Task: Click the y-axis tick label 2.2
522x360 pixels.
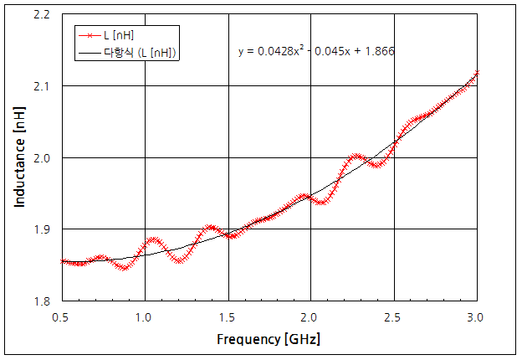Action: pos(44,14)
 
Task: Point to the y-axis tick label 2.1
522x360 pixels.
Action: pos(44,86)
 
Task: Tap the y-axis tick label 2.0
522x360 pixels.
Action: pos(44,157)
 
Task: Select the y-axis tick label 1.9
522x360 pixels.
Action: pos(44,229)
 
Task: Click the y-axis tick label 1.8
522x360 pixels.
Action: pos(44,301)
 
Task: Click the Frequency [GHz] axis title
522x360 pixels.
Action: pos(269,340)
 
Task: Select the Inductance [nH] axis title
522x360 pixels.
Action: pos(19,157)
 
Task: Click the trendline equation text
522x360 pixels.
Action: pos(316,51)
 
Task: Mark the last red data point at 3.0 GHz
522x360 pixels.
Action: pos(478,73)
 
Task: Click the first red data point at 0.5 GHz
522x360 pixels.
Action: pos(62,261)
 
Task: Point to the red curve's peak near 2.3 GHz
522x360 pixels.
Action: pos(356,156)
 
